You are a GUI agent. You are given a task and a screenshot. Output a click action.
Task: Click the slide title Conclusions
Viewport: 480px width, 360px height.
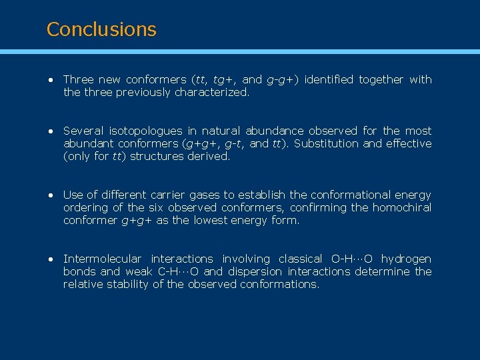(101, 29)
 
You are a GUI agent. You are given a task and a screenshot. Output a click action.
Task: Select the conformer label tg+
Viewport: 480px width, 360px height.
(225, 79)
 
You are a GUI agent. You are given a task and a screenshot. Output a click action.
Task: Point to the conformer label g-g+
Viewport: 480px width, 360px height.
(283, 79)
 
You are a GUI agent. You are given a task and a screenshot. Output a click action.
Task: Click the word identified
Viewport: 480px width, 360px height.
(329, 79)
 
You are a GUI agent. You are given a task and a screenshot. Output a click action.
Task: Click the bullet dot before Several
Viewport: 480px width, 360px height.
(50, 131)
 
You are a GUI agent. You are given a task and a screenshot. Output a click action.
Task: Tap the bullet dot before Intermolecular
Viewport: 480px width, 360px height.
(50, 259)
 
